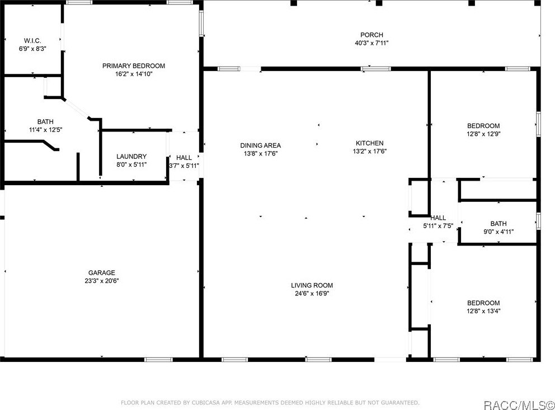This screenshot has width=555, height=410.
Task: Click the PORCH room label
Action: (x=371, y=35)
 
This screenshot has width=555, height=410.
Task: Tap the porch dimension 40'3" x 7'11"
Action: (x=371, y=43)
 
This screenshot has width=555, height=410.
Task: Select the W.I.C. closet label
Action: (x=32, y=41)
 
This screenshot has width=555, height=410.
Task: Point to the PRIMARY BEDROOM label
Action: (x=133, y=66)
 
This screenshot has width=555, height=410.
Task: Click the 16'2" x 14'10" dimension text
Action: (x=133, y=74)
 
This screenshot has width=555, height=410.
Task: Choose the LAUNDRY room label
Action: (x=131, y=157)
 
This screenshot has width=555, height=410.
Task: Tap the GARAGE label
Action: (x=101, y=273)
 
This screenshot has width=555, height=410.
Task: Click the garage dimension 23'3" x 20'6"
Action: (x=101, y=281)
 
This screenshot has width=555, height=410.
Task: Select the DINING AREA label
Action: (x=260, y=145)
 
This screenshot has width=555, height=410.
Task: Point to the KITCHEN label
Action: (x=370, y=143)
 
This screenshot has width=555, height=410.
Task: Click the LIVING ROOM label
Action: (x=312, y=285)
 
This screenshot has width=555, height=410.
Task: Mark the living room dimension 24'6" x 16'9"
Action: (x=312, y=293)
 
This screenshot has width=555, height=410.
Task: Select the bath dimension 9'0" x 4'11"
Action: (x=498, y=232)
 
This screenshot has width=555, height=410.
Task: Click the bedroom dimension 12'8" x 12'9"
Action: (x=483, y=134)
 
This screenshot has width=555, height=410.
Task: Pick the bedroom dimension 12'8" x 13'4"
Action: (x=483, y=311)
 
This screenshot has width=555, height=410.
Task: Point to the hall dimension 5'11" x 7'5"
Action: (x=438, y=226)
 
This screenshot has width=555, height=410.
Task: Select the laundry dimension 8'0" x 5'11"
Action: (x=131, y=165)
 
